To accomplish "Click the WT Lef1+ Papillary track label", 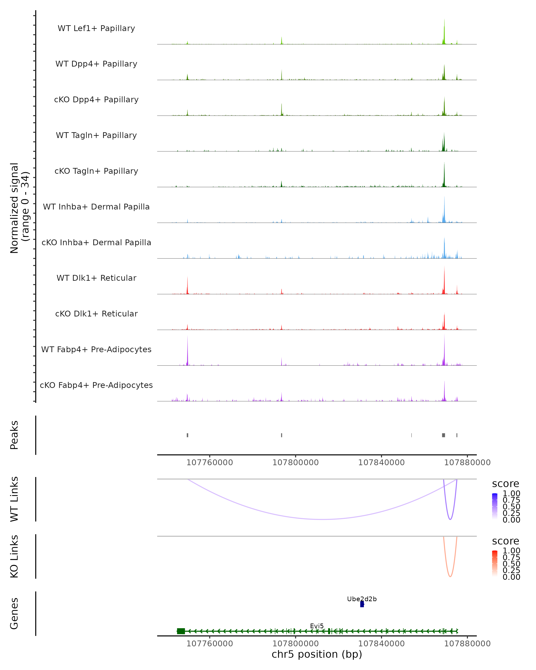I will click(x=96, y=28).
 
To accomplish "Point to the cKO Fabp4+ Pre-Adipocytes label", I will click(x=96, y=385).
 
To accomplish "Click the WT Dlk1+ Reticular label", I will click(x=96, y=278).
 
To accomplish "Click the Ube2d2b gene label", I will click(x=362, y=599).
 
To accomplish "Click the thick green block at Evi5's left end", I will click(x=181, y=631).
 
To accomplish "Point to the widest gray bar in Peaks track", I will click(x=443, y=435).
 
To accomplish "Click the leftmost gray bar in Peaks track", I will click(x=187, y=435).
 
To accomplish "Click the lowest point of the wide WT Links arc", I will click(x=323, y=519).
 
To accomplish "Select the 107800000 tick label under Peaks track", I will click(x=295, y=463).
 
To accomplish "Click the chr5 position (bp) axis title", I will click(x=317, y=654).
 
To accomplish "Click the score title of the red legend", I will click(x=506, y=541).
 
